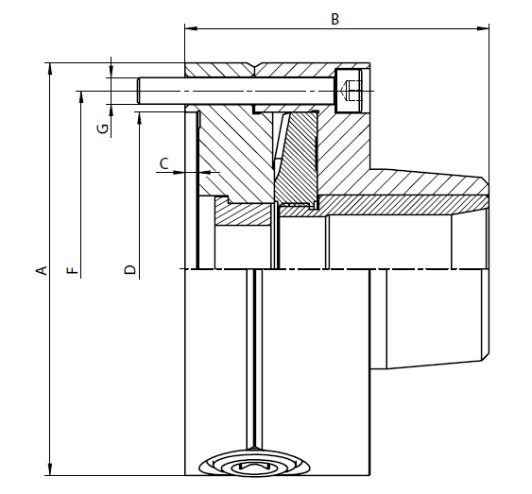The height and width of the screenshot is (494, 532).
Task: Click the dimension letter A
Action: tap(41, 270)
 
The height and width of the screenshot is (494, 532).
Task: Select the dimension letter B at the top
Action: tap(334, 19)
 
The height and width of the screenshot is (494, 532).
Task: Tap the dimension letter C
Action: tap(163, 163)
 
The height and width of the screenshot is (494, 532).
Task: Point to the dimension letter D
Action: tap(130, 270)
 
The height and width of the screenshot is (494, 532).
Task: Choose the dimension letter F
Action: tap(73, 270)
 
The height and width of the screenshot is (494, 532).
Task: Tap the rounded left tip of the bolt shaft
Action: tap(140, 92)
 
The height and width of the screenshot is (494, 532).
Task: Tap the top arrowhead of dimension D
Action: tap(138, 114)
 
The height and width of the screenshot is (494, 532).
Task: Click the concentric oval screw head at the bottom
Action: tap(255, 465)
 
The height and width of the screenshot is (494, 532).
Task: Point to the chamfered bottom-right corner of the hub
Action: tap(484, 358)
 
